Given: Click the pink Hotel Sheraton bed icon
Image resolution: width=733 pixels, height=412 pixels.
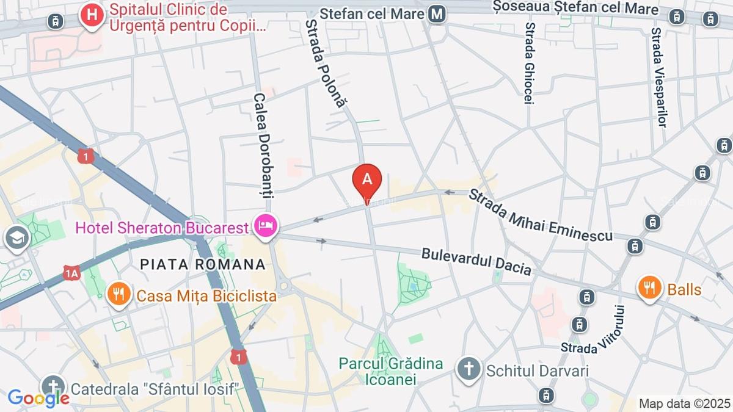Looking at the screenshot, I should [267, 226].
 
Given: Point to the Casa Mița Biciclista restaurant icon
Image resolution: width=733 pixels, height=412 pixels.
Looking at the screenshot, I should [119, 295].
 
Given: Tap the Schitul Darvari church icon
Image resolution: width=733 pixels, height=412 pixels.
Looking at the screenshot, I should [469, 369].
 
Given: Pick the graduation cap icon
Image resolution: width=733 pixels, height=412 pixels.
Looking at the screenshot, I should [16, 237].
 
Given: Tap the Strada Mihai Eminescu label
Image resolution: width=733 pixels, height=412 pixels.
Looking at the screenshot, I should [540, 214].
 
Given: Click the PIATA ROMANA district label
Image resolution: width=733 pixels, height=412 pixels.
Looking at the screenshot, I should [203, 264].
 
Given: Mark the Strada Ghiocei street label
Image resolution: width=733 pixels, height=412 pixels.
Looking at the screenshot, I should [530, 63].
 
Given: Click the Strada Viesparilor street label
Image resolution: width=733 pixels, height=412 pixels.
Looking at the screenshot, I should [657, 76].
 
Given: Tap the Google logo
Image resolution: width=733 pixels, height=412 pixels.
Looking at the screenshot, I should [38, 399].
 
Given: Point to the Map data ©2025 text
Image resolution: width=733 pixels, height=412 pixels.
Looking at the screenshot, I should [684, 403].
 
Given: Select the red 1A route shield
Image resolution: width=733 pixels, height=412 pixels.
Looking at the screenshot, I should [71, 273].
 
